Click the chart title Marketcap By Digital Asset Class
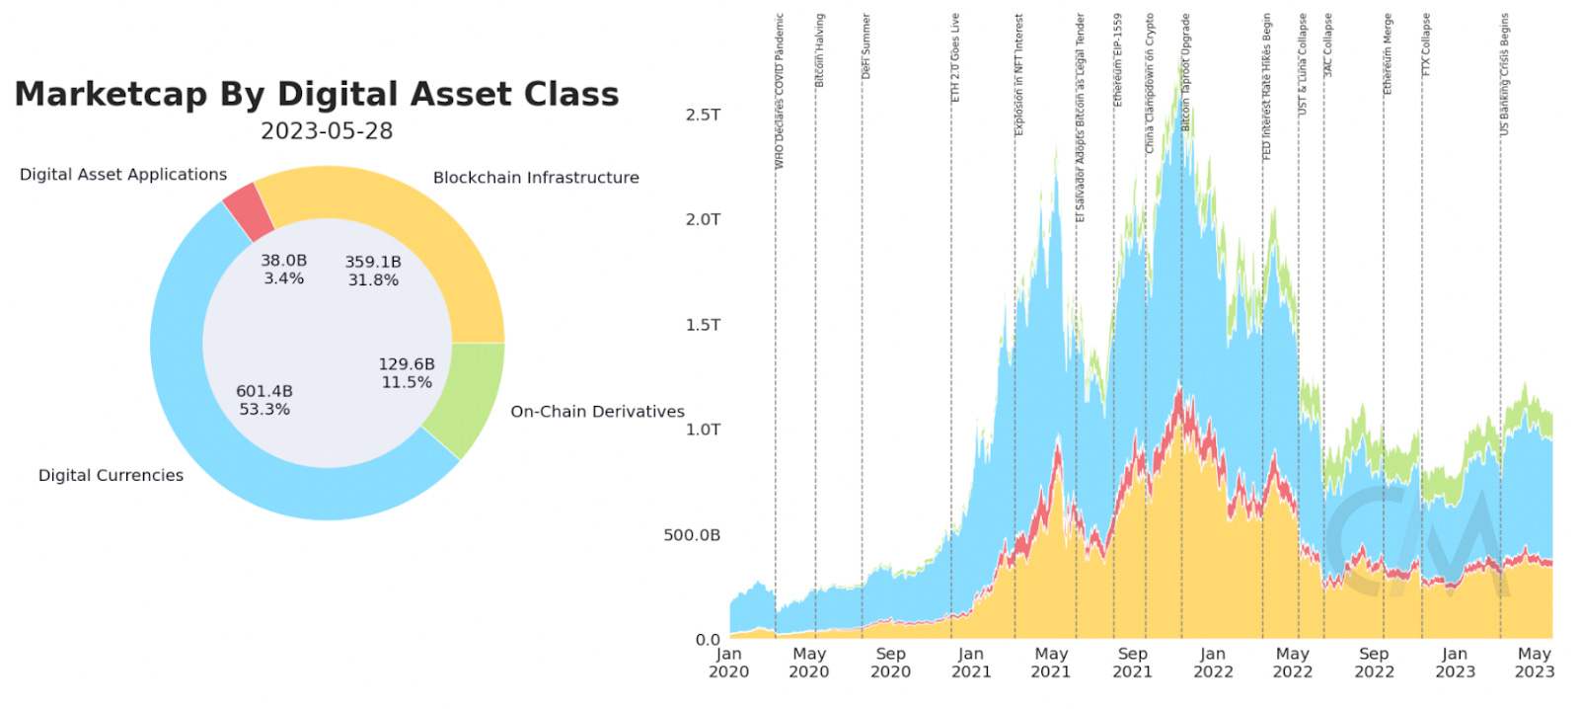tap(317, 94)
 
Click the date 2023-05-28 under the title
tap(327, 131)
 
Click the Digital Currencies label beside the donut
tap(111, 475)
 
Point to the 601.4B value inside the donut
tap(264, 391)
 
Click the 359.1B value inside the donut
tap(373, 262)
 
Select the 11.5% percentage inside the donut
tap(407, 382)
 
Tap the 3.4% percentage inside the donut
tap(284, 278)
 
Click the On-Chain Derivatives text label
tap(597, 411)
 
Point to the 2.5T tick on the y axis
tap(703, 115)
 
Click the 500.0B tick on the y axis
tap(692, 535)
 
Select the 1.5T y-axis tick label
tap(703, 325)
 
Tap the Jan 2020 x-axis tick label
tap(728, 663)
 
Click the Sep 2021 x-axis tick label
tap(1132, 663)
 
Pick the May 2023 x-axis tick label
tap(1534, 663)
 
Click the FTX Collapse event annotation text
tap(1426, 44)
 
